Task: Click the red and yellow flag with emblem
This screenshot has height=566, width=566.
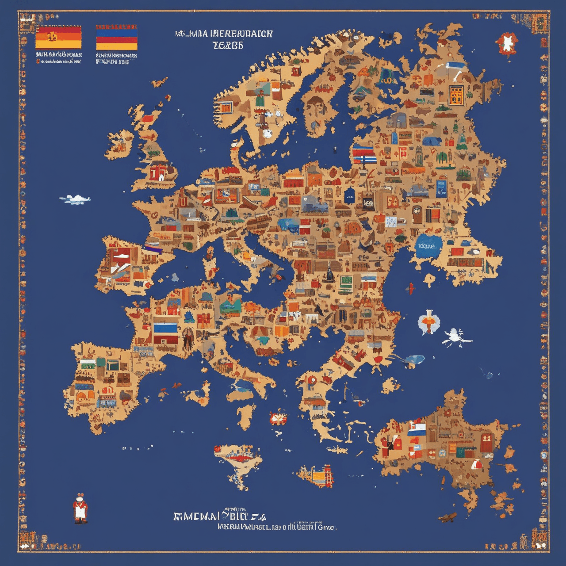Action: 58,37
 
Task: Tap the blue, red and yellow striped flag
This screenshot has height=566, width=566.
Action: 116,37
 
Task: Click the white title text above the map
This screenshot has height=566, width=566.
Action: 224,39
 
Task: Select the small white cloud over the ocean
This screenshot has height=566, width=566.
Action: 75,199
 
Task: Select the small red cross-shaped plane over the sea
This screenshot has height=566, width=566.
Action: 411,289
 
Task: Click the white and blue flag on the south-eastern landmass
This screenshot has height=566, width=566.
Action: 416,430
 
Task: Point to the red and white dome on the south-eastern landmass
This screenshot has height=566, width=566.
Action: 477,464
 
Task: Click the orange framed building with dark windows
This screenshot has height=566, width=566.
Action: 456,95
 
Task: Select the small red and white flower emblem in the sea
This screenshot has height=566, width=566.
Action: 277,417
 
